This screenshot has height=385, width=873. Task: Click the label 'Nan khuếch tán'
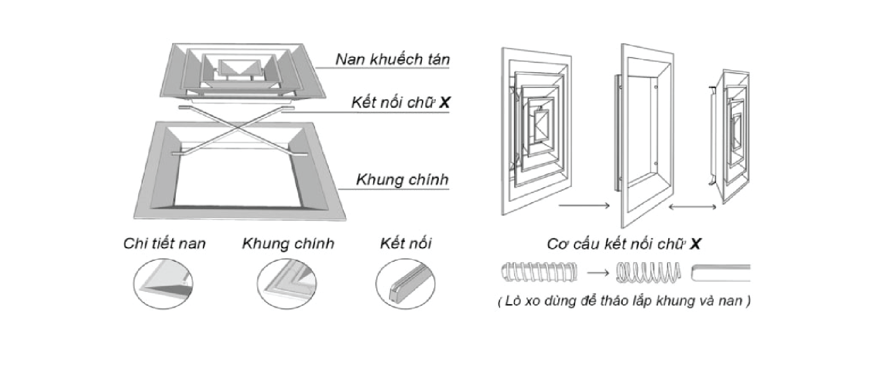tap(392, 59)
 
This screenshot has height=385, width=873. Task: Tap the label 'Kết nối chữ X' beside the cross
tap(400, 103)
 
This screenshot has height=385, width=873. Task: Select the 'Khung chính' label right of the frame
tap(402, 180)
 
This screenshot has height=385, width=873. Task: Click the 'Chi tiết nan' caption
tap(164, 243)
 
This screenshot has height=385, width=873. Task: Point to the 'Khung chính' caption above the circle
tap(288, 243)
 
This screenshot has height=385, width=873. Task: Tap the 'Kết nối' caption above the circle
tap(406, 243)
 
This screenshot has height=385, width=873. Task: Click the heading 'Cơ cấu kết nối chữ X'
tap(624, 244)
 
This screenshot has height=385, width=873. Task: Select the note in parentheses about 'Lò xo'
tap(624, 301)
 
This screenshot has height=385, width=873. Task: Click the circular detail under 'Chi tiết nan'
tap(163, 283)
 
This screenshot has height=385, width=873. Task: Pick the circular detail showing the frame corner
tap(287, 283)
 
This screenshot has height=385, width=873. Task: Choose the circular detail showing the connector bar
tap(406, 283)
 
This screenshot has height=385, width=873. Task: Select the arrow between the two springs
tap(598, 272)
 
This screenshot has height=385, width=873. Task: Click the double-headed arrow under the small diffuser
tap(692, 207)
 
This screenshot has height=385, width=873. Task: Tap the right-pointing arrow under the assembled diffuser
tap(584, 206)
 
